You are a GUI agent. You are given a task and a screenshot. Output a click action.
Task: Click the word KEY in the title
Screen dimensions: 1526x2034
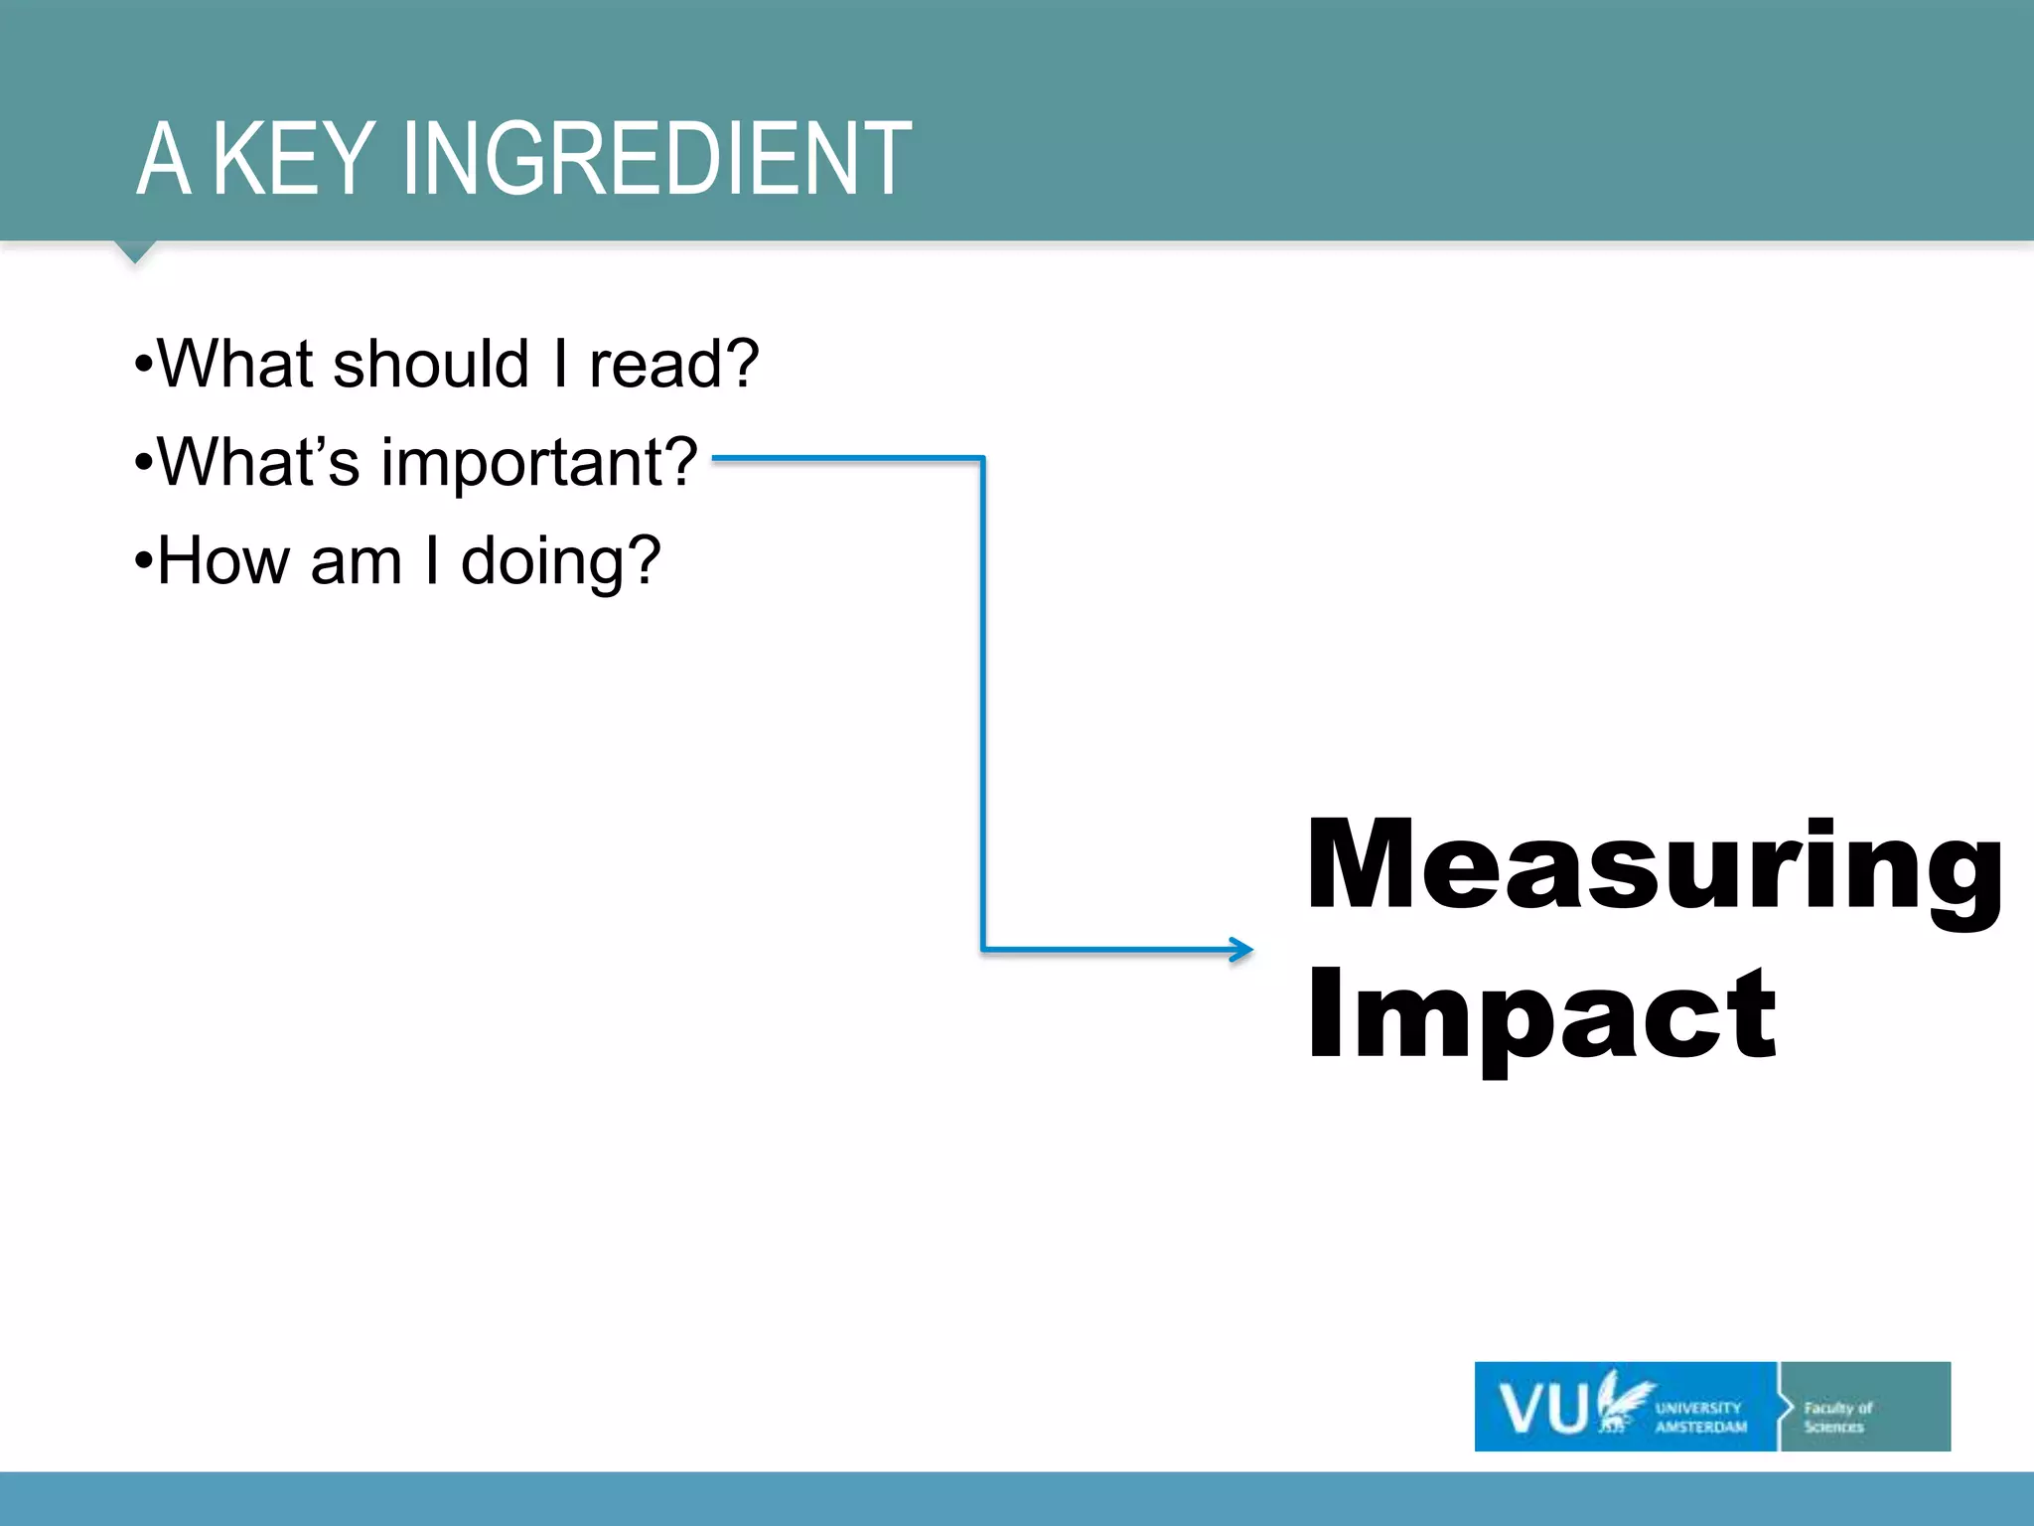(294, 159)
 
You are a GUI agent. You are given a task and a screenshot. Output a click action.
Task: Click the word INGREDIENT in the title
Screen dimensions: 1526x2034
(655, 159)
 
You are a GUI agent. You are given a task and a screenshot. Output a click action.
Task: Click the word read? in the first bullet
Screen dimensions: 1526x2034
(673, 365)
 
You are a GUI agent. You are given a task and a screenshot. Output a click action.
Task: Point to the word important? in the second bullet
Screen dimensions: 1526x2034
(539, 464)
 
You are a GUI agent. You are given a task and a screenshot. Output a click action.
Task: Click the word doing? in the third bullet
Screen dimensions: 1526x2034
(560, 562)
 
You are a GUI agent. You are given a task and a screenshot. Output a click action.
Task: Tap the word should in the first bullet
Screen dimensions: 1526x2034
(431, 365)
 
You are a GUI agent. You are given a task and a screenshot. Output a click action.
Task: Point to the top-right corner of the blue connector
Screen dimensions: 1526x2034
(982, 459)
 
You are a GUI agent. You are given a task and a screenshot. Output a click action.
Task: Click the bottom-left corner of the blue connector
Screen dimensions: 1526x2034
(983, 949)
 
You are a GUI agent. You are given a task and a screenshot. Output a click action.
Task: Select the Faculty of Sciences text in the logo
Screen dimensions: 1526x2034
(1837, 1417)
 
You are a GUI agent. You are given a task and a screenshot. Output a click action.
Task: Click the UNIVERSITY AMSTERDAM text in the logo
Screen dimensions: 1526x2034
(1700, 1418)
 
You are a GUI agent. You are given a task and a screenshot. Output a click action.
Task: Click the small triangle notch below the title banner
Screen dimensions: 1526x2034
(136, 251)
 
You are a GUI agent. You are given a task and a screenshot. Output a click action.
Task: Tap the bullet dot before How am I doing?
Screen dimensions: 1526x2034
(144, 562)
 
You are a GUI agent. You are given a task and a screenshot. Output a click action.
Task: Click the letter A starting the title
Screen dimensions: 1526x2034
(163, 159)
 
